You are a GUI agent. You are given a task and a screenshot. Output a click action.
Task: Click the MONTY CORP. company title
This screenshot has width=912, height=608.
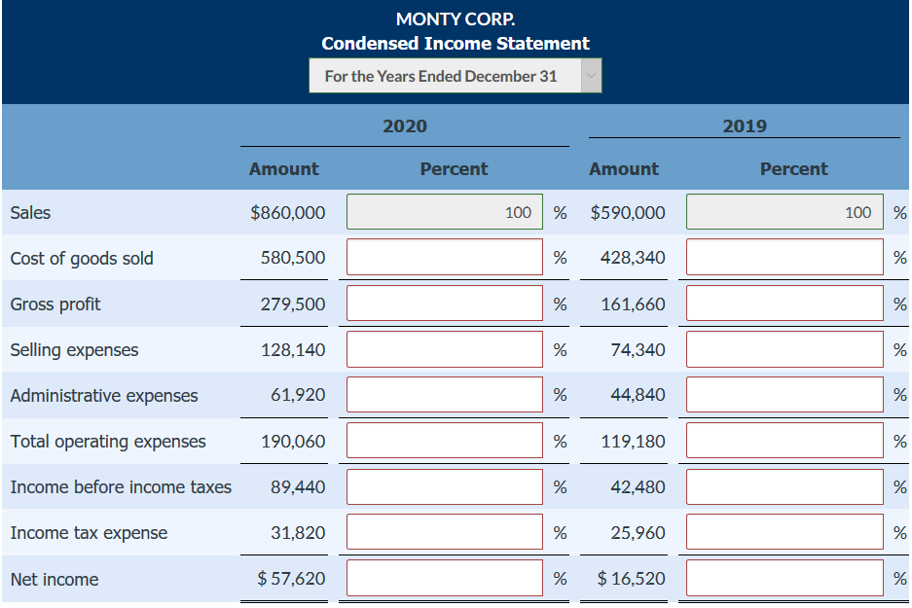click(456, 18)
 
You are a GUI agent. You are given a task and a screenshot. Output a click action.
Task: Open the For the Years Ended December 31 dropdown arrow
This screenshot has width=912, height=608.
click(591, 76)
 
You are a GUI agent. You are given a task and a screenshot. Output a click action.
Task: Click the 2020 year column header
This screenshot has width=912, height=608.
click(404, 125)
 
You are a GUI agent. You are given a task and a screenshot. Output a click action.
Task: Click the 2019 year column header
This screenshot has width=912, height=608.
click(745, 125)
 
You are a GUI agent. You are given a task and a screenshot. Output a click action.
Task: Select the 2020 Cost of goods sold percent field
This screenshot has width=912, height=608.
click(445, 258)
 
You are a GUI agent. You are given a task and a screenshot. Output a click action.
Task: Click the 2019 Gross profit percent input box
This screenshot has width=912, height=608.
click(784, 304)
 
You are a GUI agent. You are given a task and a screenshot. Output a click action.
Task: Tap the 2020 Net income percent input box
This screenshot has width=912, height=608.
click(445, 579)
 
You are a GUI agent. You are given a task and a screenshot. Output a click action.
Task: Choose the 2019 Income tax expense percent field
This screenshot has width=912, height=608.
click(784, 532)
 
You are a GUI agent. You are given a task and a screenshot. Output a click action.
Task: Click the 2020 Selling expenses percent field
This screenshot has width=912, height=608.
click(445, 349)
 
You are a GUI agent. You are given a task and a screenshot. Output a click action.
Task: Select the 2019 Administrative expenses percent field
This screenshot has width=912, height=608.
click(784, 395)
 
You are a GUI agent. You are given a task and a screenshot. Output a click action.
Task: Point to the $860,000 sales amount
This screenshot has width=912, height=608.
click(288, 212)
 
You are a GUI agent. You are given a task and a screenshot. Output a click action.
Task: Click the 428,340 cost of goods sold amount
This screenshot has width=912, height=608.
click(634, 258)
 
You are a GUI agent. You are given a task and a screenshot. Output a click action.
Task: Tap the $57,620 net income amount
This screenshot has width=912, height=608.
click(291, 579)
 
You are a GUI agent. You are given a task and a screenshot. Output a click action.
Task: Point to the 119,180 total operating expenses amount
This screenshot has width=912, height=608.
click(634, 441)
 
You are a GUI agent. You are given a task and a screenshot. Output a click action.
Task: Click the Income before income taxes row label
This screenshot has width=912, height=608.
click(121, 486)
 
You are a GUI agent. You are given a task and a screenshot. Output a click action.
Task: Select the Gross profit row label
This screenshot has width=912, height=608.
click(55, 304)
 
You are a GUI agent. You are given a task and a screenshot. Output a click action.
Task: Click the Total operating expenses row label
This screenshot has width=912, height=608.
click(108, 441)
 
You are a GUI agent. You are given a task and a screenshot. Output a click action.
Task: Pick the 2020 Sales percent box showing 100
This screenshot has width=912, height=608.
click(445, 212)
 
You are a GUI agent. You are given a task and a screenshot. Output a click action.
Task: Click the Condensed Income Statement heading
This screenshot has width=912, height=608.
click(456, 43)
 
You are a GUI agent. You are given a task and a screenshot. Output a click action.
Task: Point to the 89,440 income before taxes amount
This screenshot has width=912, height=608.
click(298, 486)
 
